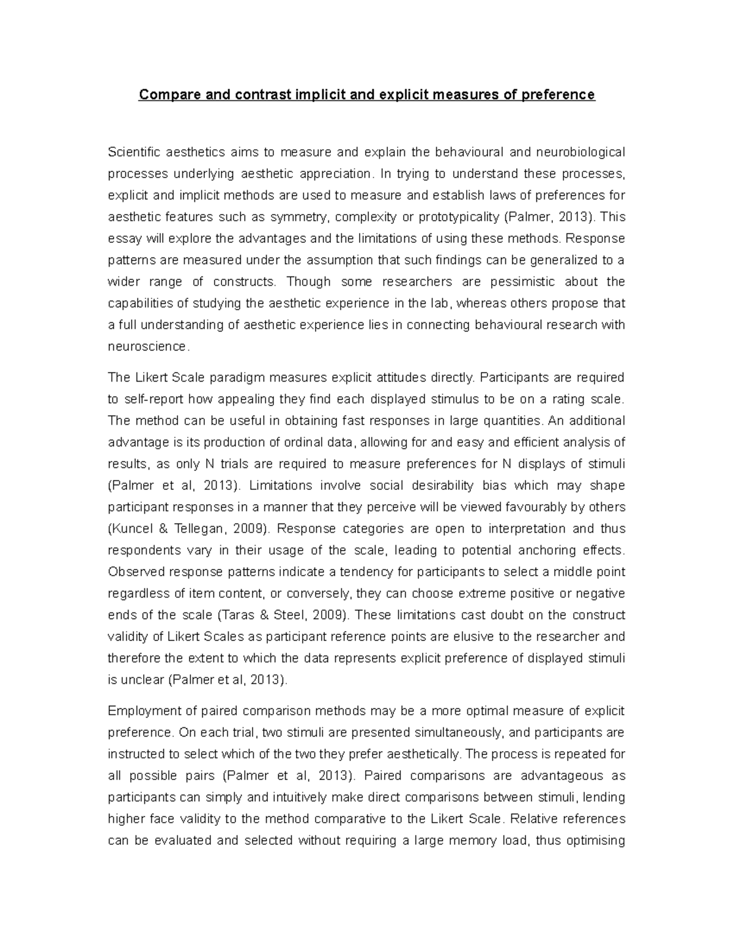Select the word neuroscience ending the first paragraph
point(147,346)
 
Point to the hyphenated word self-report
point(145,399)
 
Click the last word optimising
point(594,840)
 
